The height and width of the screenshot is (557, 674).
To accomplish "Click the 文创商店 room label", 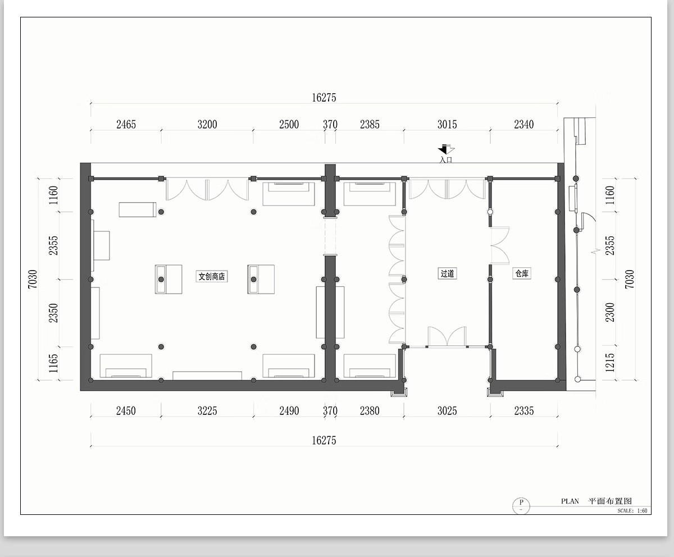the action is pos(212,276).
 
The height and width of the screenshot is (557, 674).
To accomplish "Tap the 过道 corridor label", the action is pos(447,273).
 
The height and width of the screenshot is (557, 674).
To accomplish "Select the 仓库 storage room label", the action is pos(522,273).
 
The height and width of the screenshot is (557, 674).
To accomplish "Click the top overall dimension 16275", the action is pos(324,98).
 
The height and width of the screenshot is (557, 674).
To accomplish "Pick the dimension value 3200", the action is pos(207,124).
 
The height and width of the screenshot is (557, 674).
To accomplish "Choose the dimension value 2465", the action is pos(126,124).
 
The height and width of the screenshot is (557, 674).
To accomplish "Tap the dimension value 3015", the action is pos(447,124).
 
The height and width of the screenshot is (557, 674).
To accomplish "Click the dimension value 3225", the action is pos(207,411).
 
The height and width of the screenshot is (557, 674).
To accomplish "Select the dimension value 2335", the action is pos(524,411).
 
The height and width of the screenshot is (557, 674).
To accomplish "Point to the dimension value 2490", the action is pos(289,411).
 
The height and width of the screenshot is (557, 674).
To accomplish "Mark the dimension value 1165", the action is pos(53,363).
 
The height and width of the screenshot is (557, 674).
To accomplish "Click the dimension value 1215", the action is pos(610,362).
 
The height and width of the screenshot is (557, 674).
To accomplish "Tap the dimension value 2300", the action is pos(610,312).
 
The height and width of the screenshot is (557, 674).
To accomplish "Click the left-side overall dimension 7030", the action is pos(33,279).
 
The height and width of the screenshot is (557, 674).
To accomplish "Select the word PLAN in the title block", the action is pos(570,501).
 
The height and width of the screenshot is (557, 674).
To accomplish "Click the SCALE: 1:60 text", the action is pos(632,511).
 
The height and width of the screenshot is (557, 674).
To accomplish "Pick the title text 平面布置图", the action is pos(610,501).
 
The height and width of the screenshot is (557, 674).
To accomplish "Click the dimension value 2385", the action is pos(370,124).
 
